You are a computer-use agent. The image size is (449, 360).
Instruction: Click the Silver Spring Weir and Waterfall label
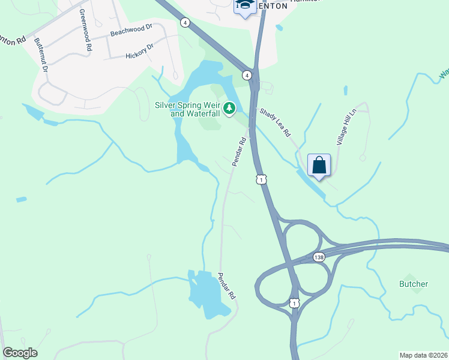point(188,109)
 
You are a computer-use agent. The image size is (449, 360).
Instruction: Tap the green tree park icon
point(229,108)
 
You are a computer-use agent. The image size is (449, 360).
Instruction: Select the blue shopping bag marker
point(319,165)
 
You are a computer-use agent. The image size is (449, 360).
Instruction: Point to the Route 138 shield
point(319,257)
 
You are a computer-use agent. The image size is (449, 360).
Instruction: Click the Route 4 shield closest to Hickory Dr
point(186,22)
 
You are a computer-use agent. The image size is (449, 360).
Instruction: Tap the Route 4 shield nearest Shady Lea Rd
point(247,75)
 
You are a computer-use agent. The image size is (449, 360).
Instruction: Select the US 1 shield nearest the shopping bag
point(261,179)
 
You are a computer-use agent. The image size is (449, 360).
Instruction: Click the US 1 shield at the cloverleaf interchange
point(294,304)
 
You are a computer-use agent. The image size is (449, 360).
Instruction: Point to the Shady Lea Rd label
point(274,122)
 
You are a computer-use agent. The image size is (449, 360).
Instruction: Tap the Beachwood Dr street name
point(131,31)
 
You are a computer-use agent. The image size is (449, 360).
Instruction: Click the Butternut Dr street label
point(41,56)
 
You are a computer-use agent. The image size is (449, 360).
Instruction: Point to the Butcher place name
point(414,284)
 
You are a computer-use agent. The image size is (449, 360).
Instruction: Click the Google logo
point(20,353)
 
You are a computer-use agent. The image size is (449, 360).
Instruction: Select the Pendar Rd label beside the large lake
point(226,287)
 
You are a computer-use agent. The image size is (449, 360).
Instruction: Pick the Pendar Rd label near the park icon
point(239,152)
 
